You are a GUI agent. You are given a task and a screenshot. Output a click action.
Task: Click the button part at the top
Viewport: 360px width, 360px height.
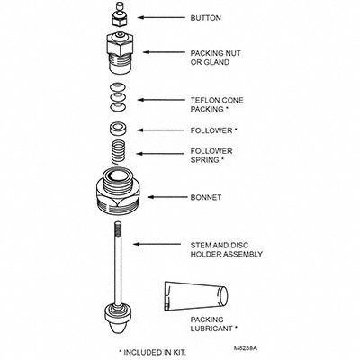pyautogui.click(x=120, y=14)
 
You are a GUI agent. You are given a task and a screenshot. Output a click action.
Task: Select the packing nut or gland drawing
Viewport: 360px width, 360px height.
pyautogui.click(x=120, y=53)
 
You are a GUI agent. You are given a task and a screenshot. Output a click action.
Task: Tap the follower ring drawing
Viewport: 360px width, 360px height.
pyautogui.click(x=118, y=130)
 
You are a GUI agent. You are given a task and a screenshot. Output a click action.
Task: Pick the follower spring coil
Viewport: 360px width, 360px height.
pyautogui.click(x=119, y=152)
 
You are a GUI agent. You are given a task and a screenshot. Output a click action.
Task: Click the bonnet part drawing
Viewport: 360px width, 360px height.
pyautogui.click(x=118, y=191)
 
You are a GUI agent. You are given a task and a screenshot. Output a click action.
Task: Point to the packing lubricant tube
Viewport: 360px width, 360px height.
pyautogui.click(x=196, y=295)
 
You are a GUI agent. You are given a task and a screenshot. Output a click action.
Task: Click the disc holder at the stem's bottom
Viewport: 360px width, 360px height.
pyautogui.click(x=118, y=318)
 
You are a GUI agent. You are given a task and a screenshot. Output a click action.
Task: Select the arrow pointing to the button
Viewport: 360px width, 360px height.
pyautogui.click(x=161, y=17)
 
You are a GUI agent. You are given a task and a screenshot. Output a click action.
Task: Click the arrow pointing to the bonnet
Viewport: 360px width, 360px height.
pyautogui.click(x=166, y=197)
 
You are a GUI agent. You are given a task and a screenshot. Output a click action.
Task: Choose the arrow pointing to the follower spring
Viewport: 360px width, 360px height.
pyautogui.click(x=160, y=154)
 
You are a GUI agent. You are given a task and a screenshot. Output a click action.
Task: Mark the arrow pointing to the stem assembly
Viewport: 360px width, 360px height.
pyautogui.click(x=157, y=244)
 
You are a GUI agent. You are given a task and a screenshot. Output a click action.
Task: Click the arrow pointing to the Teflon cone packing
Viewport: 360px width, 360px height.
pyautogui.click(x=161, y=100)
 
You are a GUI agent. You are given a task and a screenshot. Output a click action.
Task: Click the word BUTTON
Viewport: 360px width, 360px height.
pyautogui.click(x=206, y=18)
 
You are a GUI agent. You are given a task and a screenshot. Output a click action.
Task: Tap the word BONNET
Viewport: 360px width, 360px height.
pyautogui.click(x=206, y=197)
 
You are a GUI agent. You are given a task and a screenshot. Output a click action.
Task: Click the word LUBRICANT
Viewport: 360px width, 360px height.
pyautogui.click(x=211, y=328)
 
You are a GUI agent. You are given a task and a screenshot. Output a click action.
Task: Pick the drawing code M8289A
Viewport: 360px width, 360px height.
pyautogui.click(x=246, y=348)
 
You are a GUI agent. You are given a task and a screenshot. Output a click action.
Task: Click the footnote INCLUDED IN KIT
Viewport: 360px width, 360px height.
pyautogui.click(x=155, y=352)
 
